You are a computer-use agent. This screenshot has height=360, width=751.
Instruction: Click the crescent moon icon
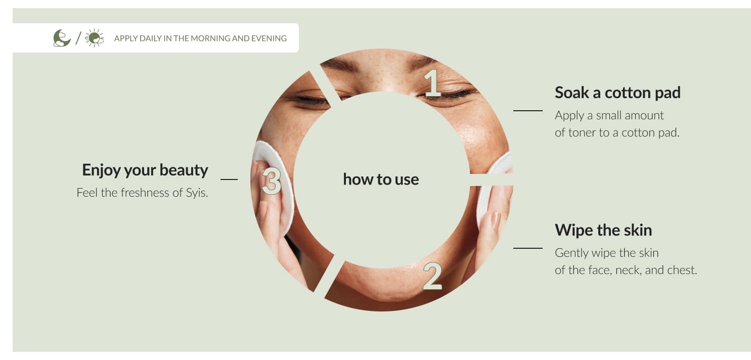coord(62,38)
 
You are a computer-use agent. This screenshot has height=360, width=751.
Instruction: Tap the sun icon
coord(94,38)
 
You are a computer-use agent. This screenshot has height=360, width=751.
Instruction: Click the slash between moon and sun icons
coord(78,38)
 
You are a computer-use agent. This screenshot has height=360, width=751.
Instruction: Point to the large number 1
coord(432,83)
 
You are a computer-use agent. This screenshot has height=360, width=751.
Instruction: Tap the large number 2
coord(432,276)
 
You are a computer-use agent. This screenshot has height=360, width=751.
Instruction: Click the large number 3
coord(271,181)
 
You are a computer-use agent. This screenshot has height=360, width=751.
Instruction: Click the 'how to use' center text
coord(381,179)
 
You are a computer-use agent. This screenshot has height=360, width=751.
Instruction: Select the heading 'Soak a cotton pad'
coord(617,93)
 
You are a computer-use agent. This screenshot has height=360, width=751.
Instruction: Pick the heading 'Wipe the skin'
coord(603,230)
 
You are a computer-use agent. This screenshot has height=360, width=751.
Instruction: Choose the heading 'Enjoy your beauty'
coord(145,170)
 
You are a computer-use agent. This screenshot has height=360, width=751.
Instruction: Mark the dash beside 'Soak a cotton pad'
coord(527,110)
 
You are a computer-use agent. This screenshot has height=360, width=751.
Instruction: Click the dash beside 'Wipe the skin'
coord(527,248)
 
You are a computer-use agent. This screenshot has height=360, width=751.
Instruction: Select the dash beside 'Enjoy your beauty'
coord(229,179)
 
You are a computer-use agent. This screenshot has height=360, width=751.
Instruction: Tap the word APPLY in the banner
coord(126,38)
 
